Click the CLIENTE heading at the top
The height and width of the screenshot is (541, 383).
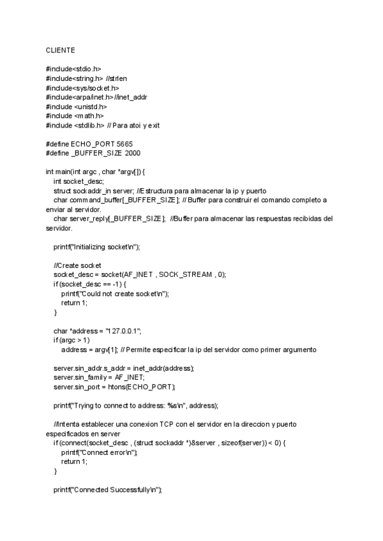[59, 50]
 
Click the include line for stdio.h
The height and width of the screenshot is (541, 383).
[73, 69]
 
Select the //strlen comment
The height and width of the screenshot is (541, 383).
[116, 78]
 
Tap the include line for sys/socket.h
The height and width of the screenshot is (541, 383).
[82, 88]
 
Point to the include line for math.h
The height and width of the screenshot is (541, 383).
[74, 116]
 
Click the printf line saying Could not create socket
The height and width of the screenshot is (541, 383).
[115, 293]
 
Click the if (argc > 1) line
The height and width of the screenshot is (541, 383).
[71, 341]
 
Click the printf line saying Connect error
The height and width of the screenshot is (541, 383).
[99, 452]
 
